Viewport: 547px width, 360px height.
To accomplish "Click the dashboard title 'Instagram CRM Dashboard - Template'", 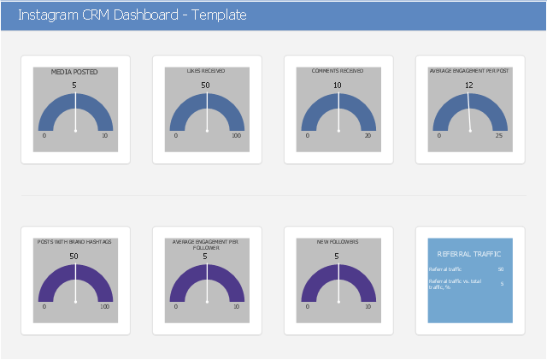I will coord(132,15).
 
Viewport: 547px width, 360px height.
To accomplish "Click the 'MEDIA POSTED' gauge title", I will coord(75,73).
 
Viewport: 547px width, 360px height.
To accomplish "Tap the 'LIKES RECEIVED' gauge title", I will coord(207,71).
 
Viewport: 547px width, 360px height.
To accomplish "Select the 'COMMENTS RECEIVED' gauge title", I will coord(338,71).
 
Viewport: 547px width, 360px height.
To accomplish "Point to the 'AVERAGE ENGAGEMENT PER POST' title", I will coord(469,71).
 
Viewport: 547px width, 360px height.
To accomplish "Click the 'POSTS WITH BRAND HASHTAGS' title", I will coord(75,242).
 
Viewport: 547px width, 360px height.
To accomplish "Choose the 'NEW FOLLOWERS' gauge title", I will coord(338,242).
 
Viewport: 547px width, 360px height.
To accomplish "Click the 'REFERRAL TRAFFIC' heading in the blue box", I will coord(469,254).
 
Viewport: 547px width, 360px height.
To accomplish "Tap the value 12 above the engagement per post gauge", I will coord(469,86).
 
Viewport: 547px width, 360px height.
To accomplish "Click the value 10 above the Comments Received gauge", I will coord(338,86).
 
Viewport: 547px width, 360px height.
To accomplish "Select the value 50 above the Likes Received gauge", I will coord(206,86).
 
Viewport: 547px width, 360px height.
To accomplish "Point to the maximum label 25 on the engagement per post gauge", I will coord(499,136).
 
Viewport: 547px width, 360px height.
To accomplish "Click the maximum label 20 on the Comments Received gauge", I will coord(368,136).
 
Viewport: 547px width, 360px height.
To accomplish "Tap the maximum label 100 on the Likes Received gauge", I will coord(236,136).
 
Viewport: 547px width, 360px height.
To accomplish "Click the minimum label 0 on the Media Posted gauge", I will coord(44,136).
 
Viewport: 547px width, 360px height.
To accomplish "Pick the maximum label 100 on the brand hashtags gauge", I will coord(104,306).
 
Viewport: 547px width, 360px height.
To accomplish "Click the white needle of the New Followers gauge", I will coord(338,282).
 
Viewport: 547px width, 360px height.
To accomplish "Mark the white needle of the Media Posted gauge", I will coord(75,111).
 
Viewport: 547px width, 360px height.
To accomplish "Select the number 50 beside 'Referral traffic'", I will coord(501,269).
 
